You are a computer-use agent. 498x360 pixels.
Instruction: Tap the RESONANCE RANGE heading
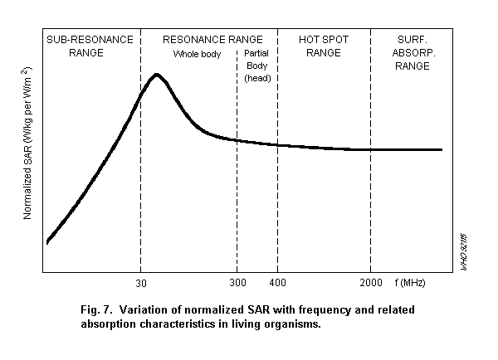click(212, 39)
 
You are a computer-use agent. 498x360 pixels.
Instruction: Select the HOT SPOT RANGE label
click(324, 46)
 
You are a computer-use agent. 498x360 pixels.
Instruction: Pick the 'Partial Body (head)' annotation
click(257, 66)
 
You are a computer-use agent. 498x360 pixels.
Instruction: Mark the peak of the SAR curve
click(157, 75)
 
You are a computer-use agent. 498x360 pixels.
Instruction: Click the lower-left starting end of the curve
click(47, 242)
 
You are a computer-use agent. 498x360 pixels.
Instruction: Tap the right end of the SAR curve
click(442, 149)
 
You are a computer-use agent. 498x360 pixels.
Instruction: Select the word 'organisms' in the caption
click(291, 324)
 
